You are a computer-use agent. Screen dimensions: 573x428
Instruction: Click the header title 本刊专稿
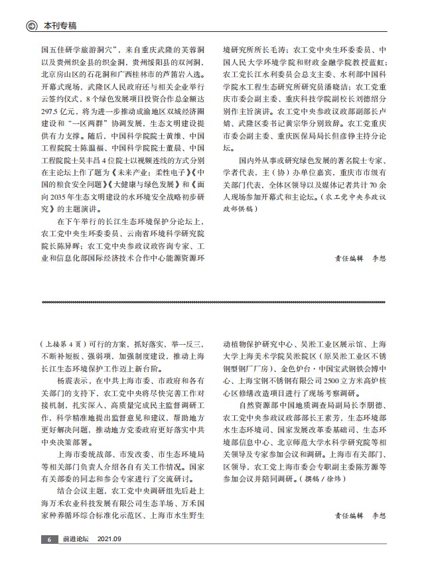pos(60,26)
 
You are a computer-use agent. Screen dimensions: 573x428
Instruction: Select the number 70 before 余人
pos(374,184)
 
